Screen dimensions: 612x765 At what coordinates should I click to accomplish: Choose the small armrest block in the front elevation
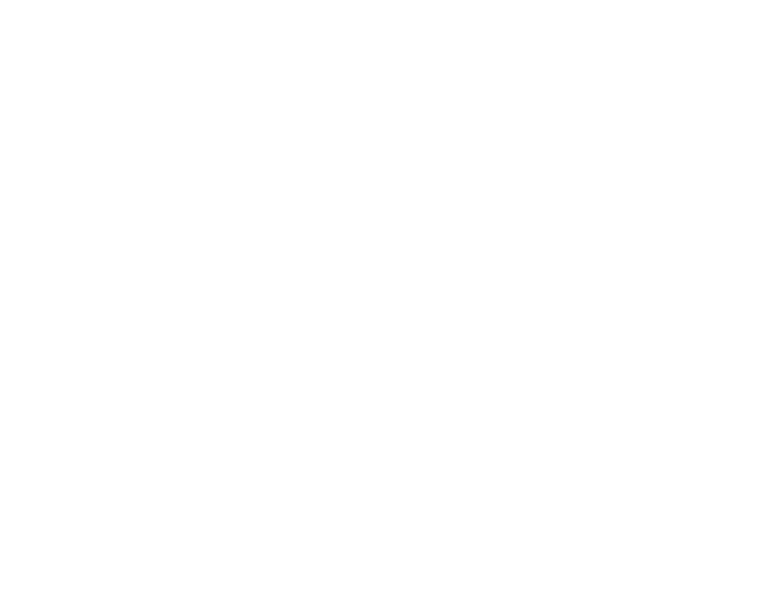[x=267, y=120]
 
